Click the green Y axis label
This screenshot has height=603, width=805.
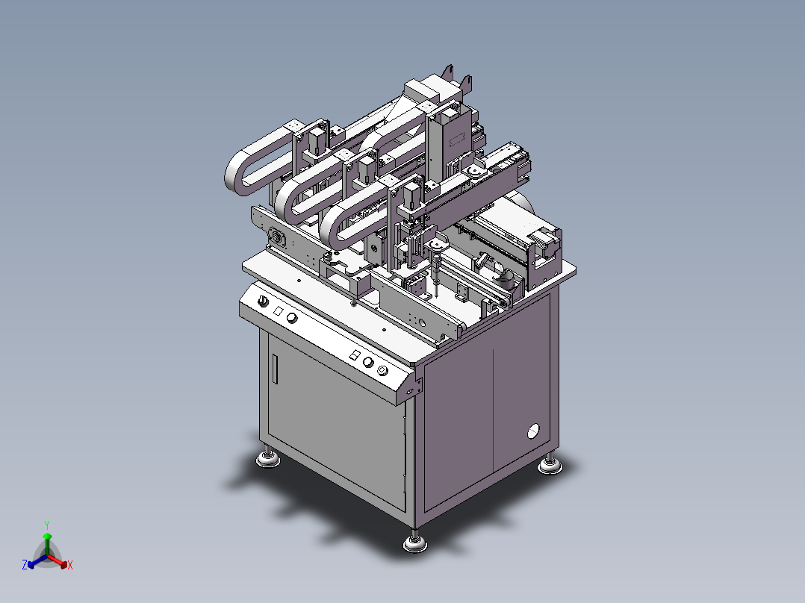pos(47,525)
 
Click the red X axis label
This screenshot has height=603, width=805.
pos(70,565)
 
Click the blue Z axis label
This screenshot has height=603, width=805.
pos(25,564)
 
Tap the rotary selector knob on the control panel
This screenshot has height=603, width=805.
pos(263,301)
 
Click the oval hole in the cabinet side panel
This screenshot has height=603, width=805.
pos(534,431)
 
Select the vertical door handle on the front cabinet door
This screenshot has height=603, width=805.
pos(275,369)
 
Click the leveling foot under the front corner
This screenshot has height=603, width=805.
pos(415,542)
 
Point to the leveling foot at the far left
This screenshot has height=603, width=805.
pos(268,457)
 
